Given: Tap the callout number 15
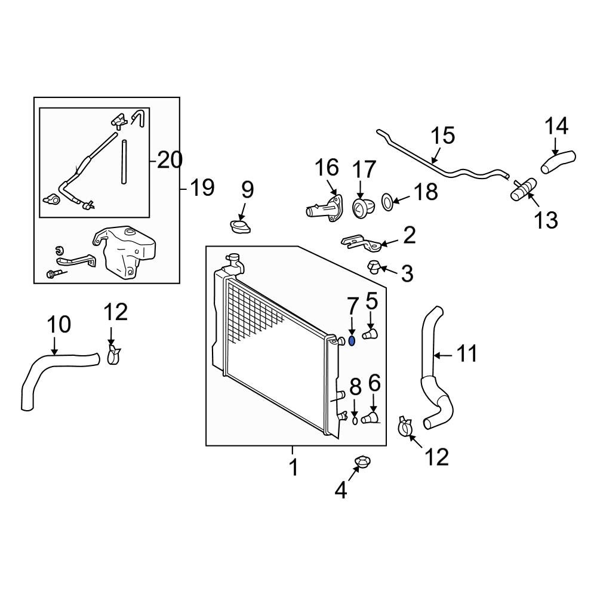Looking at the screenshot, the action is pyautogui.click(x=443, y=136).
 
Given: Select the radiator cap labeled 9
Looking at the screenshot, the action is pyautogui.click(x=240, y=227).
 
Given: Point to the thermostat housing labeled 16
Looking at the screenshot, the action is pyautogui.click(x=325, y=207).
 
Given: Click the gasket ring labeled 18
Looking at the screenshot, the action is pyautogui.click(x=387, y=201).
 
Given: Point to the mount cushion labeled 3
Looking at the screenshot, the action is pyautogui.click(x=373, y=267).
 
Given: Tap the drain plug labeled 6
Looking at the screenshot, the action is pyautogui.click(x=370, y=418).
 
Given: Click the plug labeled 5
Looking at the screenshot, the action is pyautogui.click(x=370, y=335).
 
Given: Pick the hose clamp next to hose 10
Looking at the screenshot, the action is pyautogui.click(x=113, y=354).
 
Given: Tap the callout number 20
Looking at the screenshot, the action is pyautogui.click(x=170, y=160).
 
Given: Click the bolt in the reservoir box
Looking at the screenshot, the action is pyautogui.click(x=56, y=273).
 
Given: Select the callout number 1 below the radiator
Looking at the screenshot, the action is pyautogui.click(x=294, y=467).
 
